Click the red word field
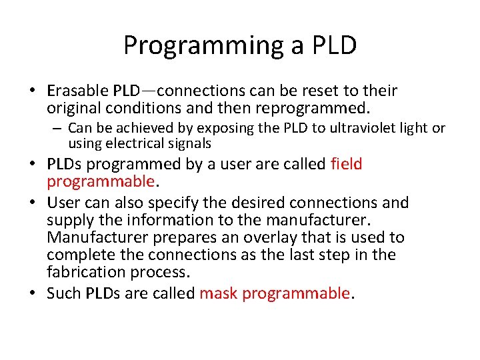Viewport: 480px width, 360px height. coord(346,164)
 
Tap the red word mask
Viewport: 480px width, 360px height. coord(219,293)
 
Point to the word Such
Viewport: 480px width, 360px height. coord(64,293)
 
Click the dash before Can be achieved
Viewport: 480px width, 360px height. coord(59,127)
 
